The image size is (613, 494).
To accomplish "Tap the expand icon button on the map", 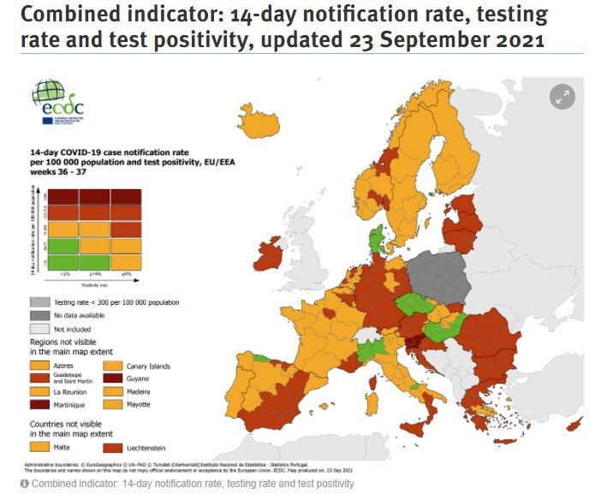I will coord(562,98).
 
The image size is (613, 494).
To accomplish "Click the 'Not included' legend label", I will coord(71,329).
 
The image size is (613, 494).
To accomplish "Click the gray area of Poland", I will coord(437,275).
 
